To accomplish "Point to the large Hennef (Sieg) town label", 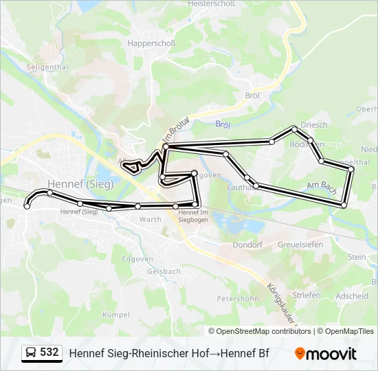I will pos(81,184).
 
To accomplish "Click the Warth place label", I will pos(150,220).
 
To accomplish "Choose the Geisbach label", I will pos(164,271).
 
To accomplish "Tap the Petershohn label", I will pos(238,299).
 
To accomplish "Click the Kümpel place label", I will pos(115,315).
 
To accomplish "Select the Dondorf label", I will pos(247,244).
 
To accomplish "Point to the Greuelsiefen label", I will pos(300,245).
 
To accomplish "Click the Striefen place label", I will pos(307,295).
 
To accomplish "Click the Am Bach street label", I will pos(321,185).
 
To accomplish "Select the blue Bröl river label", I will pos(222,124).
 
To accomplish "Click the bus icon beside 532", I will pos(31,353).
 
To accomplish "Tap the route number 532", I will pos(49,352).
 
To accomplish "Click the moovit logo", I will pos(326,354).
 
